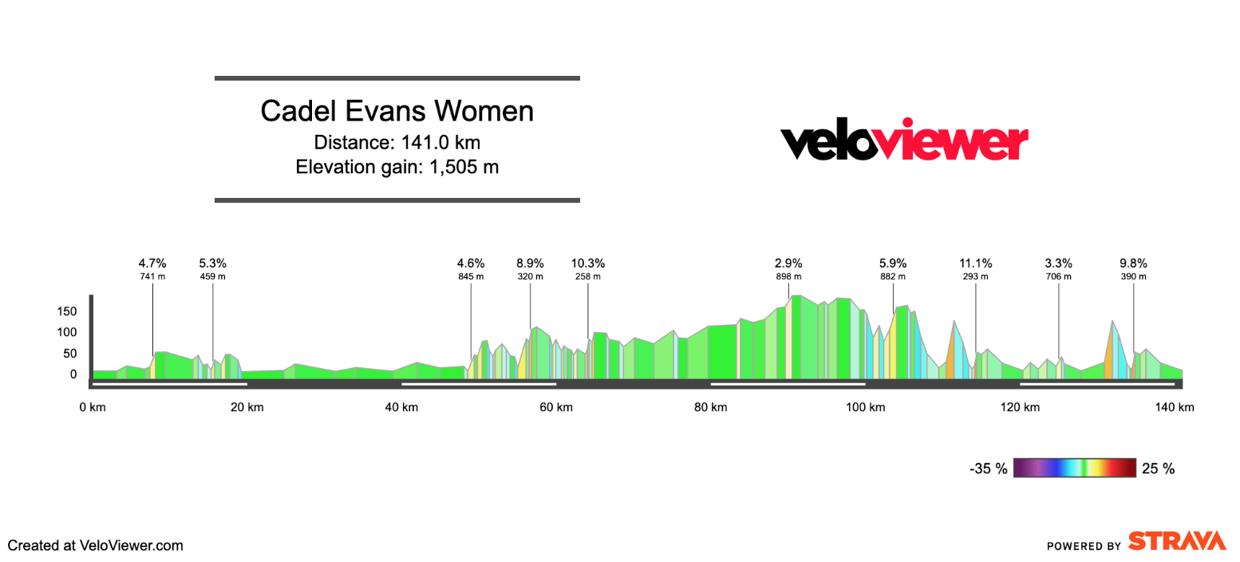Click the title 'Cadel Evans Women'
(397, 111)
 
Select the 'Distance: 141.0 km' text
(397, 142)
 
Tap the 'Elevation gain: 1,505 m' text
(397, 167)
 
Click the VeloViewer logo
(903, 140)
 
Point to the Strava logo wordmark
(1177, 541)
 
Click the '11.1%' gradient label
(975, 263)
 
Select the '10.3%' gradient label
(588, 263)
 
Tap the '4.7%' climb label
(152, 263)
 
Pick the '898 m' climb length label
(788, 277)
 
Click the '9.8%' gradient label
(1133, 263)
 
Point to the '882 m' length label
(893, 277)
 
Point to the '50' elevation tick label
(70, 353)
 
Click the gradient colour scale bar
(1074, 468)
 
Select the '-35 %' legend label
(989, 469)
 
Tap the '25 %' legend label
(1159, 469)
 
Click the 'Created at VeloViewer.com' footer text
(96, 546)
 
